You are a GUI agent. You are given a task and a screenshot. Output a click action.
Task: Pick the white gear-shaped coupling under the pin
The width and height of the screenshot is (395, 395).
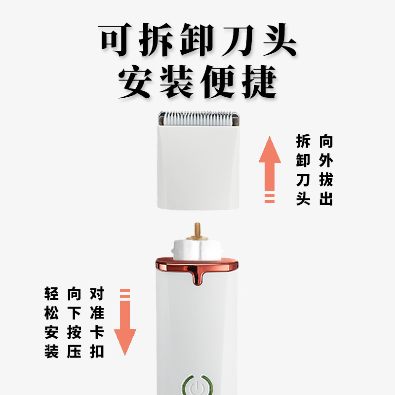click(197, 248)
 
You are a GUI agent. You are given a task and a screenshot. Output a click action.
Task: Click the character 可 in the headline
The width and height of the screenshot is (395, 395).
click(118, 39)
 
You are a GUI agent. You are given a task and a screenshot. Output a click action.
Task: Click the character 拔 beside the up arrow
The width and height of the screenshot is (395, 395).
click(326, 180)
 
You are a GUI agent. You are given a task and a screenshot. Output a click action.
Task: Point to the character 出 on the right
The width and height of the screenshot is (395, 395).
click(326, 199)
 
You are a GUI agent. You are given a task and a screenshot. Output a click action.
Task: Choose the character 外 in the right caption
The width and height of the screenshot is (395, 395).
click(326, 161)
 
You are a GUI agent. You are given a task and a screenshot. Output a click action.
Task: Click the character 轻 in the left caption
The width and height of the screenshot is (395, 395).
click(52, 295)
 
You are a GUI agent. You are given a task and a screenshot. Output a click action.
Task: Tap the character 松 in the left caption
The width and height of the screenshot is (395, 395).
click(52, 314)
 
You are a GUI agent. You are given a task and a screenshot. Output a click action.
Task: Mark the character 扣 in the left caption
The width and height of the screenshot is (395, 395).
click(97, 352)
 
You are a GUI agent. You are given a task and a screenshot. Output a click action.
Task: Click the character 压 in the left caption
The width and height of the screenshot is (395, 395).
click(74, 352)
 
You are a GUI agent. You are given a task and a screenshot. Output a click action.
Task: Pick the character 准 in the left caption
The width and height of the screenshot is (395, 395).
click(97, 314)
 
